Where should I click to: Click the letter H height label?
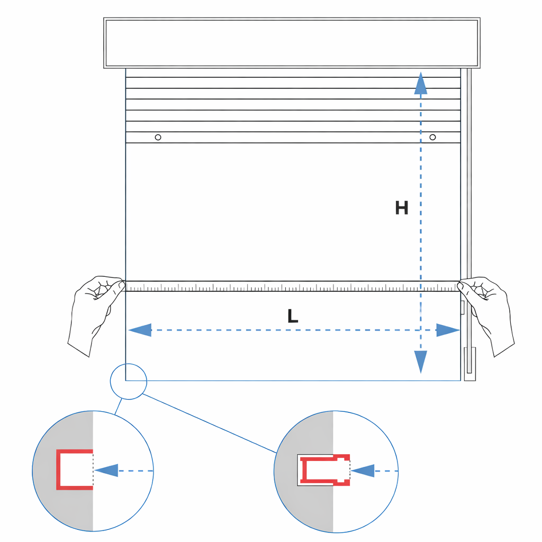(402, 207)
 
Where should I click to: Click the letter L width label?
(292, 316)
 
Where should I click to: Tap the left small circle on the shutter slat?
(158, 137)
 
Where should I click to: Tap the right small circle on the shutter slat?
(432, 137)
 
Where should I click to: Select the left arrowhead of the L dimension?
(140, 330)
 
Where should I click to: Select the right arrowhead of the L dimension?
(448, 330)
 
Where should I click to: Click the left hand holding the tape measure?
(95, 311)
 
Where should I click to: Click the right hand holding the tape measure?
(487, 311)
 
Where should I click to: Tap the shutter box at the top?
(292, 43)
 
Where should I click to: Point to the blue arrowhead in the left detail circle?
(106, 471)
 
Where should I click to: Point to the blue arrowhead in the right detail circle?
(363, 471)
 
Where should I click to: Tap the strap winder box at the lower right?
(470, 364)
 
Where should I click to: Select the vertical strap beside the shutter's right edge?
(469, 221)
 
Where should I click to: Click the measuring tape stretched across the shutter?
(293, 286)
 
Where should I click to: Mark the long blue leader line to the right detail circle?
(210, 423)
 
